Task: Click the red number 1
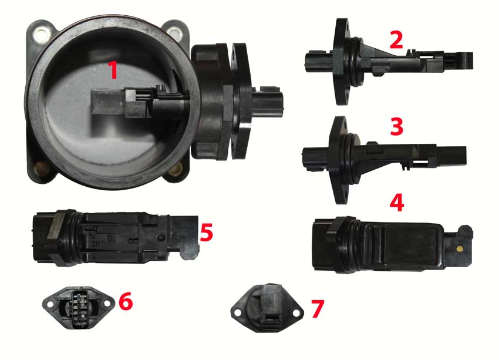[113, 70]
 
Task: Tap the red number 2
[396, 40]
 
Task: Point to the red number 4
[397, 203]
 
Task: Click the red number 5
[206, 232]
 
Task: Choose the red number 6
[126, 301]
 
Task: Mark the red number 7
[317, 308]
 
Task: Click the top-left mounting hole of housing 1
[42, 33]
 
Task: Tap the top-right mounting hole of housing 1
[174, 32]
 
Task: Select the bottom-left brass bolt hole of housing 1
[41, 166]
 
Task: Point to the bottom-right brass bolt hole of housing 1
[175, 170]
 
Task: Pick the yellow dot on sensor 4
[459, 248]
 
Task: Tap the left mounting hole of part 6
[50, 305]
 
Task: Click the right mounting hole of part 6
[107, 304]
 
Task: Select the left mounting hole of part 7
[237, 314]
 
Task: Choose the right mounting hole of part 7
[296, 313]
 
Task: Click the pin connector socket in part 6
[80, 308]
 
